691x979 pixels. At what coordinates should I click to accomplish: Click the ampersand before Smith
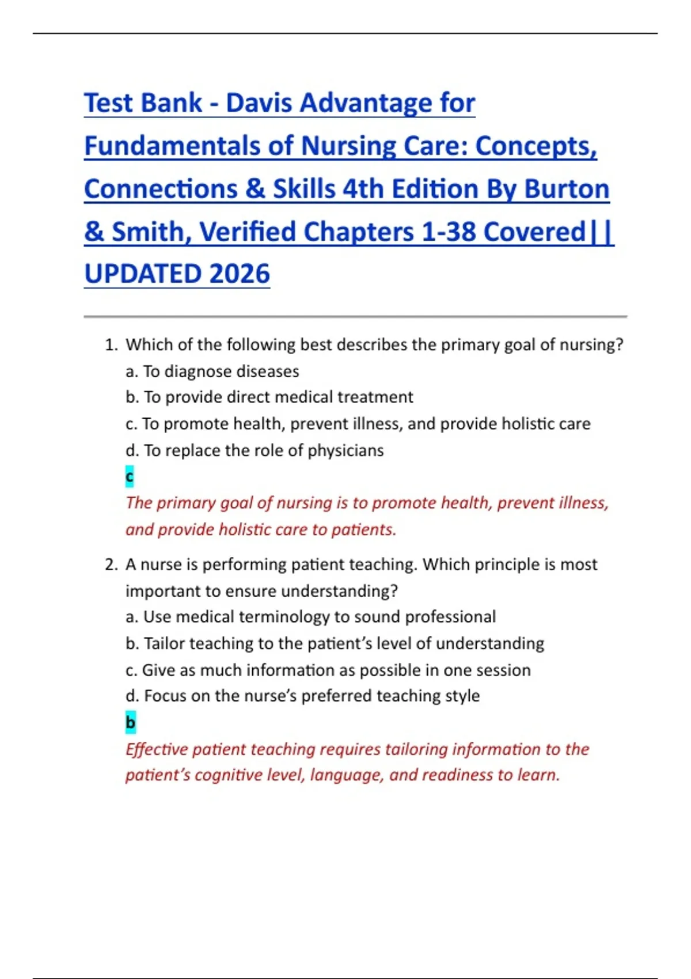point(94,232)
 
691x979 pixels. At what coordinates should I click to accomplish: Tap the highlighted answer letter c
point(130,476)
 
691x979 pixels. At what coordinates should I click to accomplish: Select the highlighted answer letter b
point(131,722)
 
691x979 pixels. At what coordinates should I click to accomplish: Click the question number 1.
point(111,345)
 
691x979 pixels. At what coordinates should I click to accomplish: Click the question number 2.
point(111,564)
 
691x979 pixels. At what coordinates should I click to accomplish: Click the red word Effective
point(156,749)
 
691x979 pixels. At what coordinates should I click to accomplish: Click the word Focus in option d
point(165,696)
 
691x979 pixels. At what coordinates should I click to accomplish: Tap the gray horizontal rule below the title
point(355,317)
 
